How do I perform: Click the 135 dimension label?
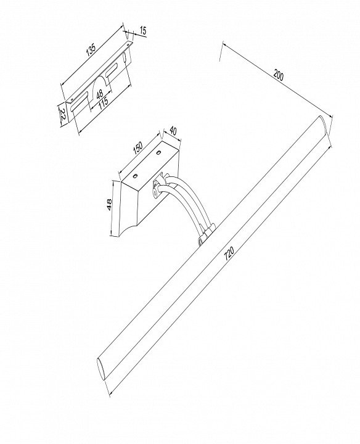[91, 49]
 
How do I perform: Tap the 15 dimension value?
[143, 30]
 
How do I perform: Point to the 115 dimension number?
[104, 102]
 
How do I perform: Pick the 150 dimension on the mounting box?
[138, 149]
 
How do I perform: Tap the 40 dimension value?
[173, 131]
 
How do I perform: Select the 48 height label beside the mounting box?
[109, 204]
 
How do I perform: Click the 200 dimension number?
[278, 75]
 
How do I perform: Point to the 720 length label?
[229, 253]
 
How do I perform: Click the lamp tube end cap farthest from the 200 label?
[101, 369]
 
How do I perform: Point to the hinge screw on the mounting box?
[155, 192]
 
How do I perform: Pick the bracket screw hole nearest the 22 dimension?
[72, 99]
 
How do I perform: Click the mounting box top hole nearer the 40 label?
[158, 153]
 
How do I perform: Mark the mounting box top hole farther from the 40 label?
[135, 176]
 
